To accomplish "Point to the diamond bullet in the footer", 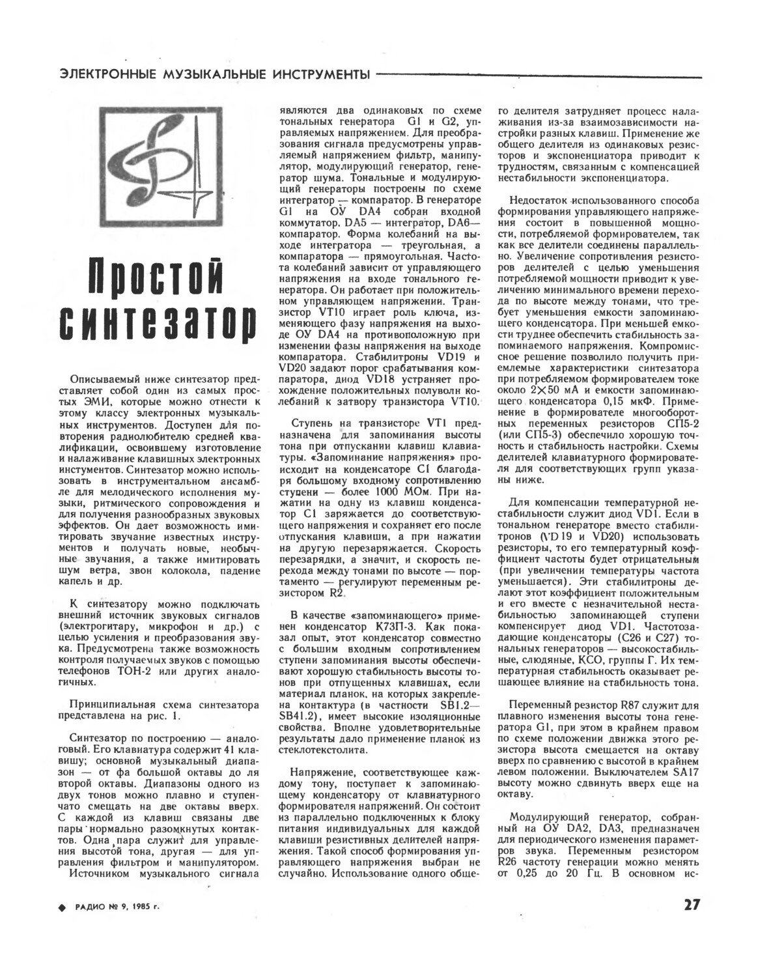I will click(63, 906).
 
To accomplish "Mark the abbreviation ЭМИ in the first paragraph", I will click(130, 403).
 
